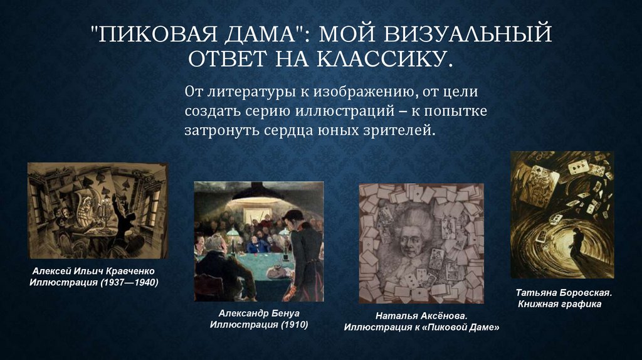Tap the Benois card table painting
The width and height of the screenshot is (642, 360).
click(258, 241)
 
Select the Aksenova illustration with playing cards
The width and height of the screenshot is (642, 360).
click(421, 243)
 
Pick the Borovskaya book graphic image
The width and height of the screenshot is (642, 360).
click(562, 214)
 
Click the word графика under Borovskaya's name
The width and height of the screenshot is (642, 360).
click(579, 304)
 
